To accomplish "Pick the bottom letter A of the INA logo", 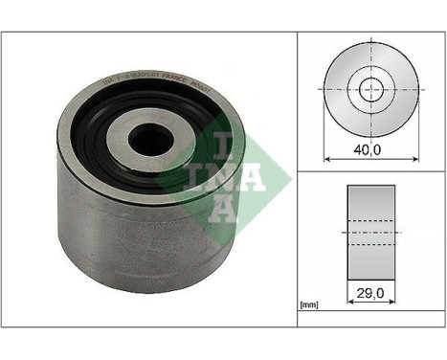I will tap(223, 209).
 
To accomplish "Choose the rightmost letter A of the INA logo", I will tap(248, 175).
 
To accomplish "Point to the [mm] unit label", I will tap(309, 305).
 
